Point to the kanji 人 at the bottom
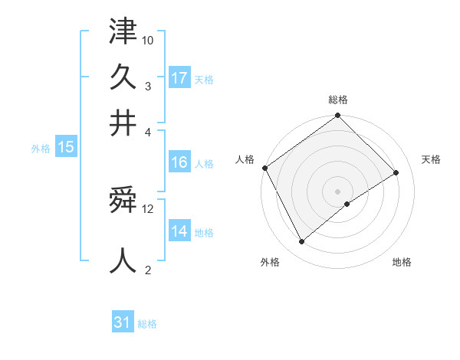click(x=123, y=259)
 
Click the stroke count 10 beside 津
click(x=148, y=39)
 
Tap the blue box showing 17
click(x=179, y=78)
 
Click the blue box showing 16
click(x=179, y=162)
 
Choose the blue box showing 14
click(x=179, y=231)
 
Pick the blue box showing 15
click(x=66, y=148)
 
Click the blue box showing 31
click(x=123, y=322)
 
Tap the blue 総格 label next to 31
click(x=147, y=324)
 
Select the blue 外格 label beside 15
click(x=41, y=149)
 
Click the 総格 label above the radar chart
click(x=338, y=100)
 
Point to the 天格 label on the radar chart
click(x=431, y=159)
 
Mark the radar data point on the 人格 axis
click(x=265, y=168)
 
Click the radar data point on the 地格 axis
click(x=347, y=204)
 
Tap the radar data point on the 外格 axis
click(x=302, y=242)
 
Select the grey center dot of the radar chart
click(x=338, y=191)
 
